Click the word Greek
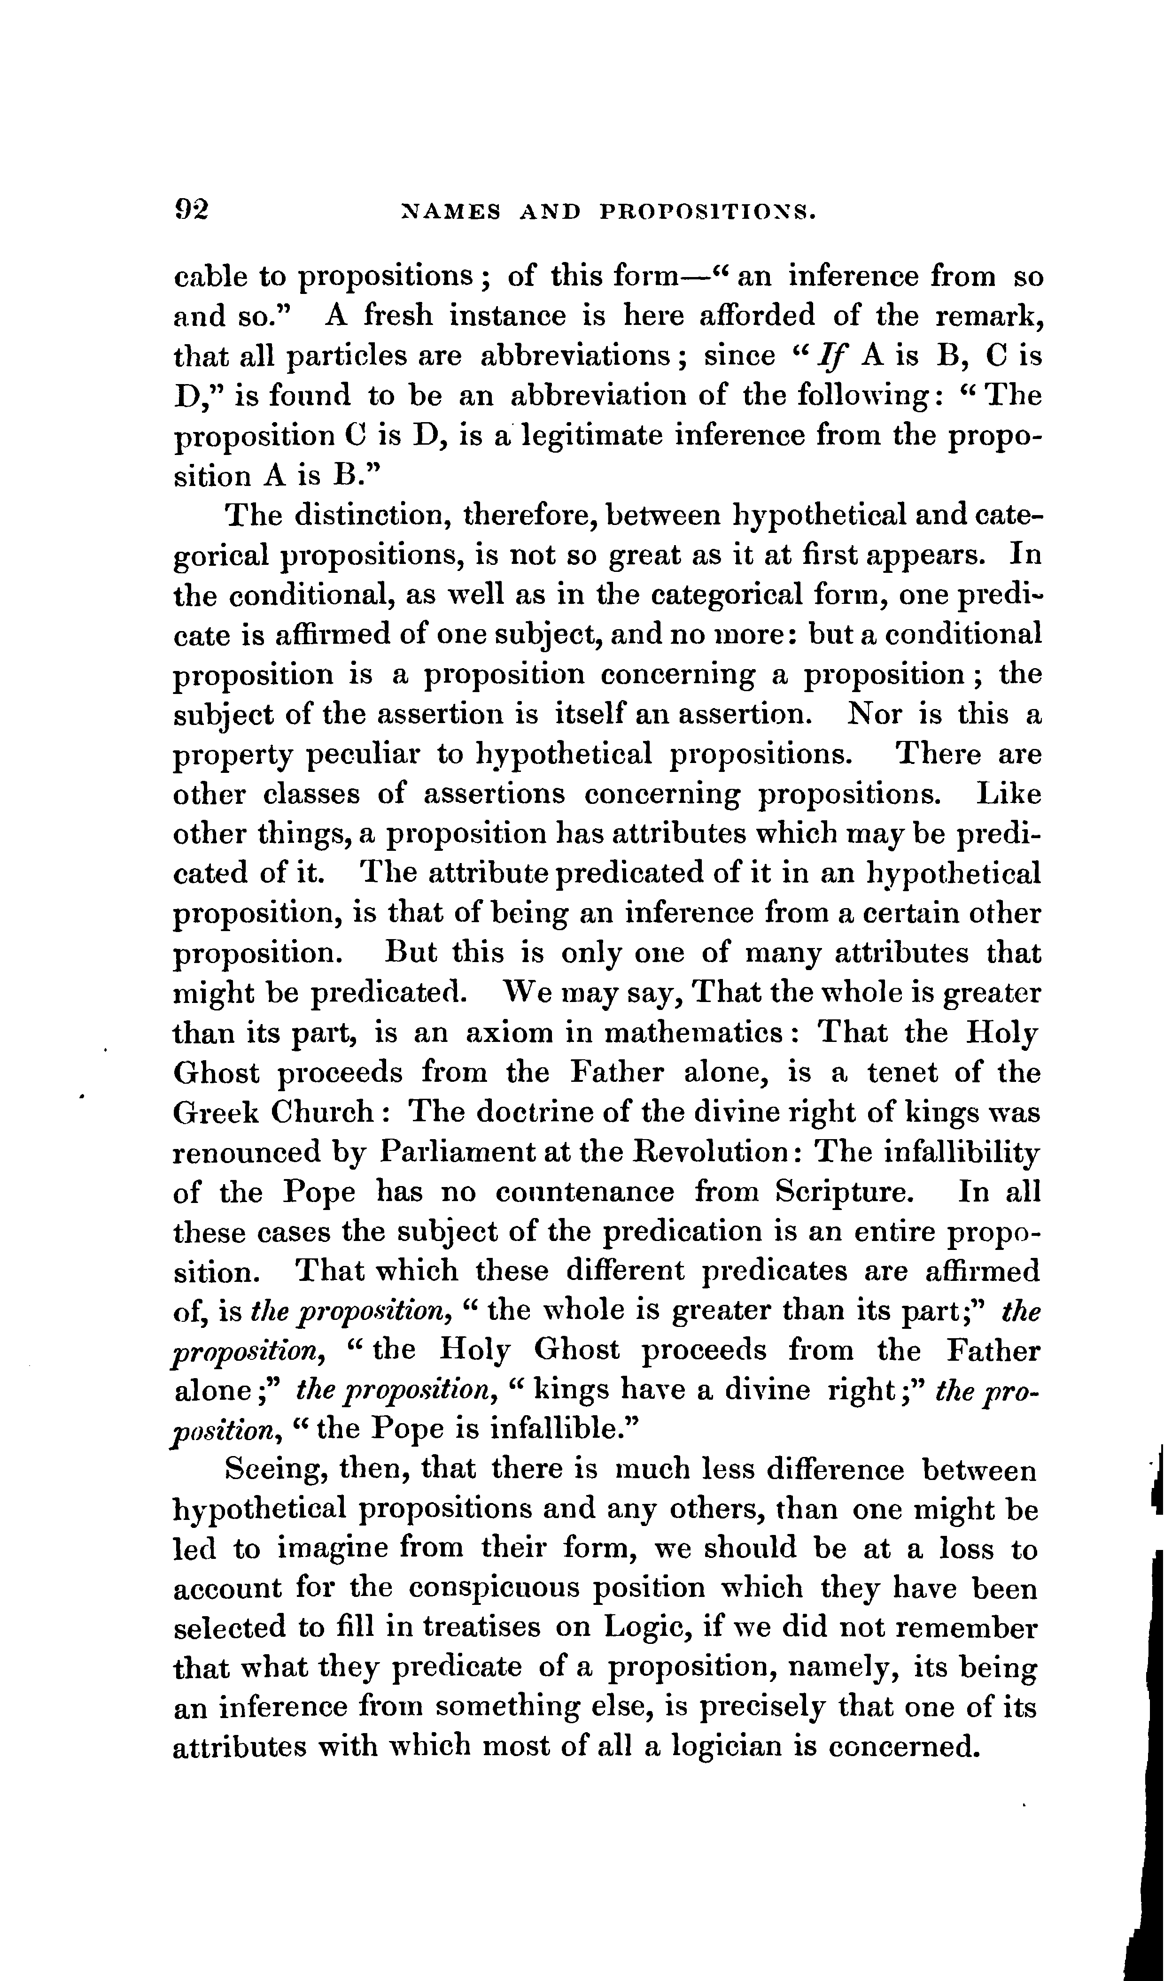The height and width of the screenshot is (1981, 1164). (211, 1112)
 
